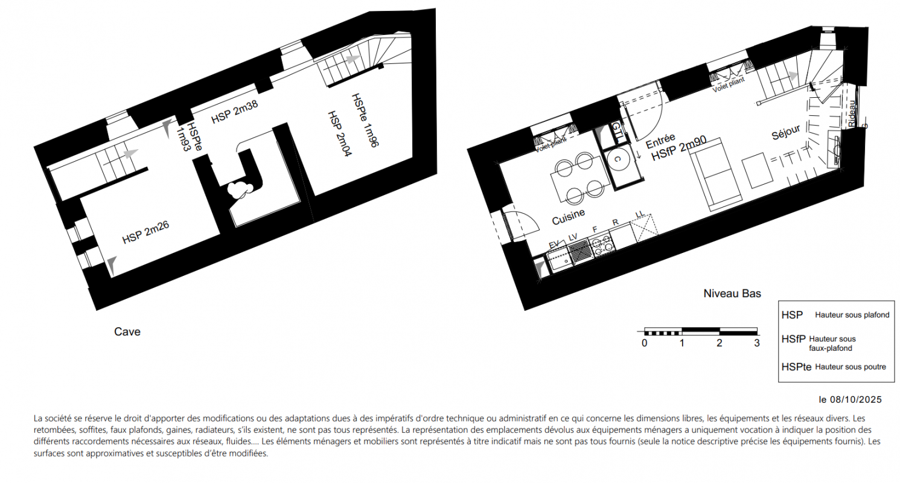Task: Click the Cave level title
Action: pyautogui.click(x=127, y=331)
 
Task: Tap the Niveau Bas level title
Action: pyautogui.click(x=732, y=293)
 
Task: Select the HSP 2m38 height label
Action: pyautogui.click(x=235, y=112)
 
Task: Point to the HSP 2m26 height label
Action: pyautogui.click(x=145, y=232)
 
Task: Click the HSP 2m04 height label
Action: pyautogui.click(x=340, y=134)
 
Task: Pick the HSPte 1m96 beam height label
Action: pyautogui.click(x=365, y=120)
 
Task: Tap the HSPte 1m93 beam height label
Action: pyautogui.click(x=190, y=136)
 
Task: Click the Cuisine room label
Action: pyautogui.click(x=568, y=217)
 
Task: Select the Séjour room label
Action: pyautogui.click(x=786, y=132)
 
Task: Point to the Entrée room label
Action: pyautogui.click(x=660, y=141)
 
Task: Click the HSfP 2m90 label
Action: pyautogui.click(x=678, y=149)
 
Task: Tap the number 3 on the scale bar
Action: pyautogui.click(x=757, y=343)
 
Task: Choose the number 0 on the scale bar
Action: pyautogui.click(x=645, y=343)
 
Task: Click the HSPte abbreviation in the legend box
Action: pyautogui.click(x=796, y=367)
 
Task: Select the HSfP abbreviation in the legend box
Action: pyautogui.click(x=794, y=339)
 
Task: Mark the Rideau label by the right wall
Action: pyautogui.click(x=851, y=114)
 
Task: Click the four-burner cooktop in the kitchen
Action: pyautogui.click(x=602, y=245)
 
